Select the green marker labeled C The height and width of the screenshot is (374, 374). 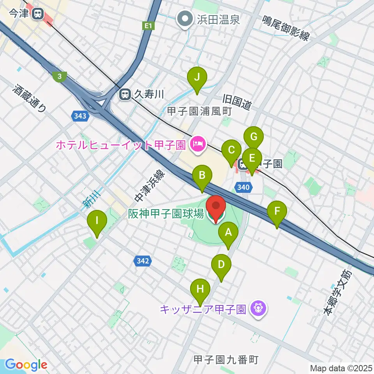(231, 150)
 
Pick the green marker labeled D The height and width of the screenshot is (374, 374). (221, 265)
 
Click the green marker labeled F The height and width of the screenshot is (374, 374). (277, 212)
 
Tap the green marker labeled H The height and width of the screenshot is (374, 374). (200, 289)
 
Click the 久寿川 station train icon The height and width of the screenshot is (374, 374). (125, 94)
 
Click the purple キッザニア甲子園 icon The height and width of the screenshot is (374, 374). (258, 309)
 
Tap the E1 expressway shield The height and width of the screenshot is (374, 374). (147, 26)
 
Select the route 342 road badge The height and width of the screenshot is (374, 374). (143, 261)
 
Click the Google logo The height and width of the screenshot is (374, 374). (26, 365)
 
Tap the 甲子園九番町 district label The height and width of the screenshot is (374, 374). (226, 360)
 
